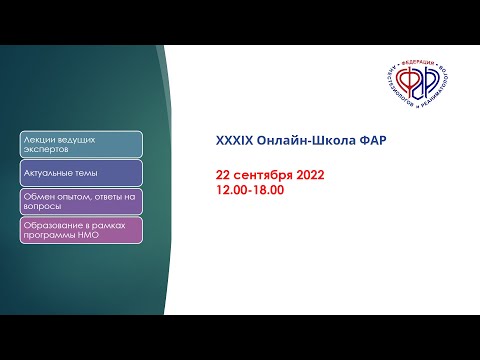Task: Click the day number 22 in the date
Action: (223, 175)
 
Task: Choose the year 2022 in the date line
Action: (309, 175)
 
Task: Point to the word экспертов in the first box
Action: (46, 150)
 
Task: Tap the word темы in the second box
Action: (86, 173)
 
